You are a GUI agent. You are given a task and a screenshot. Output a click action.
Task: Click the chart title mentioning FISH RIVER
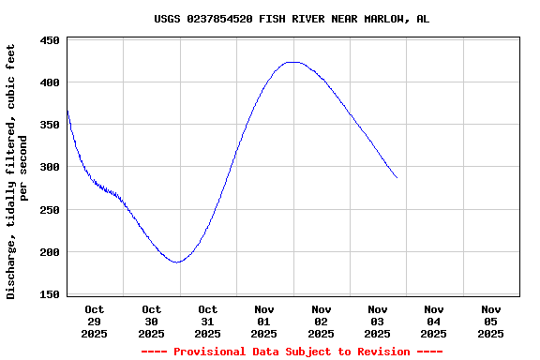point(292,19)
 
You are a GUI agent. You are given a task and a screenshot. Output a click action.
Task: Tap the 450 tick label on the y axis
point(50,40)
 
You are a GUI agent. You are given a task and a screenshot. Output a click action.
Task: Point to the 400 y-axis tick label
point(50,82)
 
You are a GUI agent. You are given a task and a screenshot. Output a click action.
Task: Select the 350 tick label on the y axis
point(50,125)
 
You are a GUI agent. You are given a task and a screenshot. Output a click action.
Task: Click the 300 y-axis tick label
point(50,167)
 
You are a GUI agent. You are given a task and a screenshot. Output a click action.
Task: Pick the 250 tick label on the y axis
point(50,210)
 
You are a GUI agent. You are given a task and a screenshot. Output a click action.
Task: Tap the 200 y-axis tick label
point(50,252)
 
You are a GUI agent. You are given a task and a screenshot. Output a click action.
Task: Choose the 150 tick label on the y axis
point(50,294)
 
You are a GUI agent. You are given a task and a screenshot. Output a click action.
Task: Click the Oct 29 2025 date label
point(95,321)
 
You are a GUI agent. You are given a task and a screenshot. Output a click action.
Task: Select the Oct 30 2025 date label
point(151,321)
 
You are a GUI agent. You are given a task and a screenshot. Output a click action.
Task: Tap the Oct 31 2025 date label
point(207,321)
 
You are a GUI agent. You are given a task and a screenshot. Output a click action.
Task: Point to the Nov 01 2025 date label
point(264,321)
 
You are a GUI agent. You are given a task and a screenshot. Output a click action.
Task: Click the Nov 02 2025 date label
point(321,321)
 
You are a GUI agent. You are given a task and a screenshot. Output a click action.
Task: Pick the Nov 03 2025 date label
point(377,321)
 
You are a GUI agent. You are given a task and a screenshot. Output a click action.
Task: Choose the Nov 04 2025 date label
point(433,321)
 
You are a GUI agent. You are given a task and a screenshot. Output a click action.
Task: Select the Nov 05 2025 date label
point(490,321)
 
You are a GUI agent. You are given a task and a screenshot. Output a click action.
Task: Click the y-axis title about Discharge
point(17,171)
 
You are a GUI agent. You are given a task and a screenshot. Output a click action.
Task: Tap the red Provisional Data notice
point(292,352)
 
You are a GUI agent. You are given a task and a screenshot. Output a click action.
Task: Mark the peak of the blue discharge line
point(294,62)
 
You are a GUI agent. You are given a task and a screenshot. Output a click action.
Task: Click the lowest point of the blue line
point(176,262)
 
